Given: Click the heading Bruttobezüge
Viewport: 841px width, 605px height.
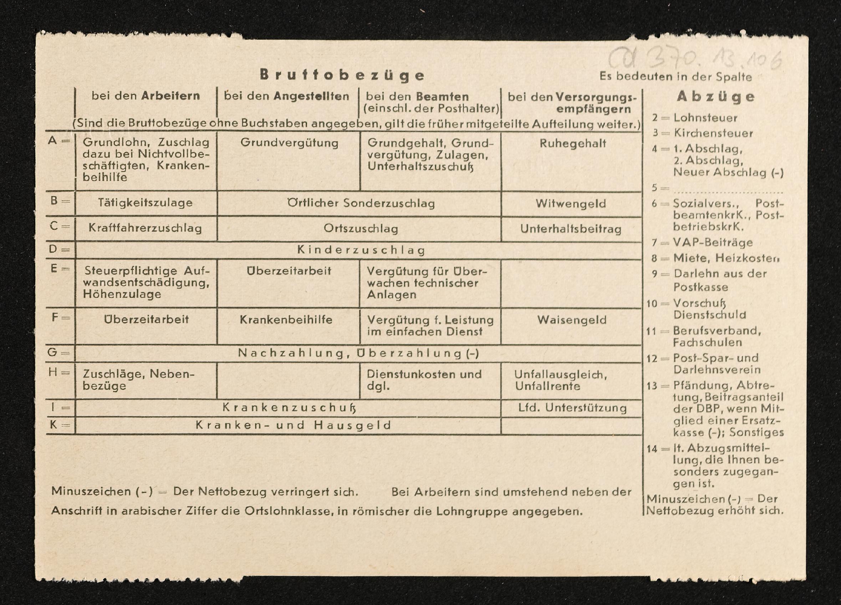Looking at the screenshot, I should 342,75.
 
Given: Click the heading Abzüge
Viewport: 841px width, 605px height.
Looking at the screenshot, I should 716,97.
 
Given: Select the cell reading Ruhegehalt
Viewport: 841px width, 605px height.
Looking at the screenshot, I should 572,143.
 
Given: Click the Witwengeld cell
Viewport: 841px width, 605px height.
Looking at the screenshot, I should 571,203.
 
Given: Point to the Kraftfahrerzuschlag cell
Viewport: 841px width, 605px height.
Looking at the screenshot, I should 145,228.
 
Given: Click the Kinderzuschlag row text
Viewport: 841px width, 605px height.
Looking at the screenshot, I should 361,250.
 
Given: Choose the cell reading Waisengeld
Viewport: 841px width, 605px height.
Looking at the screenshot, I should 572,320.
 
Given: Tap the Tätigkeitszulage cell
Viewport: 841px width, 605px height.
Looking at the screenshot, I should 145,203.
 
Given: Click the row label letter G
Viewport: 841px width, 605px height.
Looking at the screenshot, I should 53,352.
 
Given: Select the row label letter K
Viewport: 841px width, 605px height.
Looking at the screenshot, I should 53,425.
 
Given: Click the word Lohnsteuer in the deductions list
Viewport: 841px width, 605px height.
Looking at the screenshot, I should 705,118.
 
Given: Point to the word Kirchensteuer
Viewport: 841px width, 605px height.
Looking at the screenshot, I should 713,133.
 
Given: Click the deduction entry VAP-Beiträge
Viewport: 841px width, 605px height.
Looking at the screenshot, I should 713,243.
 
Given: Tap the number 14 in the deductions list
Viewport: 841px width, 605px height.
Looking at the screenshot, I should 652,449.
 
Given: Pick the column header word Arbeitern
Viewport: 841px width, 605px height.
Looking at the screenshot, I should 170,96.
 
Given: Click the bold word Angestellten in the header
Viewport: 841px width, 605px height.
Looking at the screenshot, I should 311,96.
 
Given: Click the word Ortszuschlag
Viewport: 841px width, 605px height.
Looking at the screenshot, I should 361,229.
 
